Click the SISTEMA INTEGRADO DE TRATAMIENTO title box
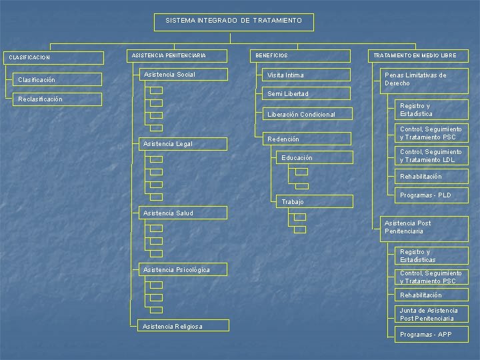pos(234,22)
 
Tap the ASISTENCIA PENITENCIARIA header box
pos(176,56)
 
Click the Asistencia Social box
pos(185,75)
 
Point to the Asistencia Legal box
pos(185,143)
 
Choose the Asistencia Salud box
pos(185,213)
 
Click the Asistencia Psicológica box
pos(185,269)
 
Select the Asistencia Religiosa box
pos(185,326)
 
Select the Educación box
pos(313,158)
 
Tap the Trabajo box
pos(313,201)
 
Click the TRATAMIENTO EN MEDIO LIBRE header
pos(418,56)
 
